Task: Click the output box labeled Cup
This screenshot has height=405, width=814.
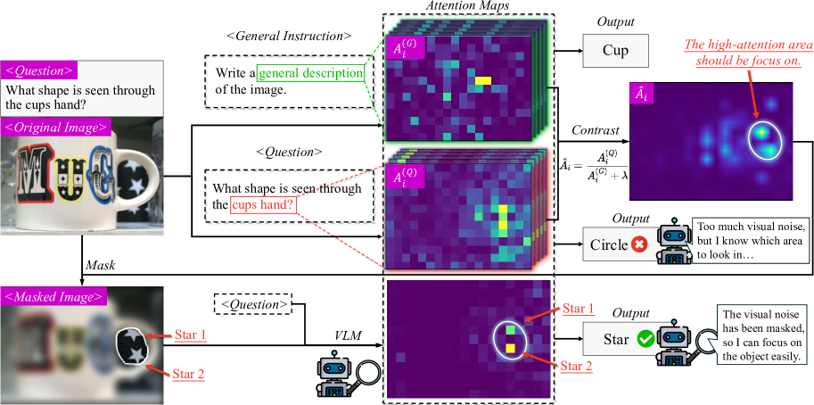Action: (615, 51)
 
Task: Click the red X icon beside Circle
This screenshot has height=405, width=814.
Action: (638, 244)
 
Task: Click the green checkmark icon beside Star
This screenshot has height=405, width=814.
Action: (644, 339)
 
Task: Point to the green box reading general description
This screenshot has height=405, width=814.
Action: (311, 73)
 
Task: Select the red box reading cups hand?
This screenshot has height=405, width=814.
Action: (263, 206)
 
